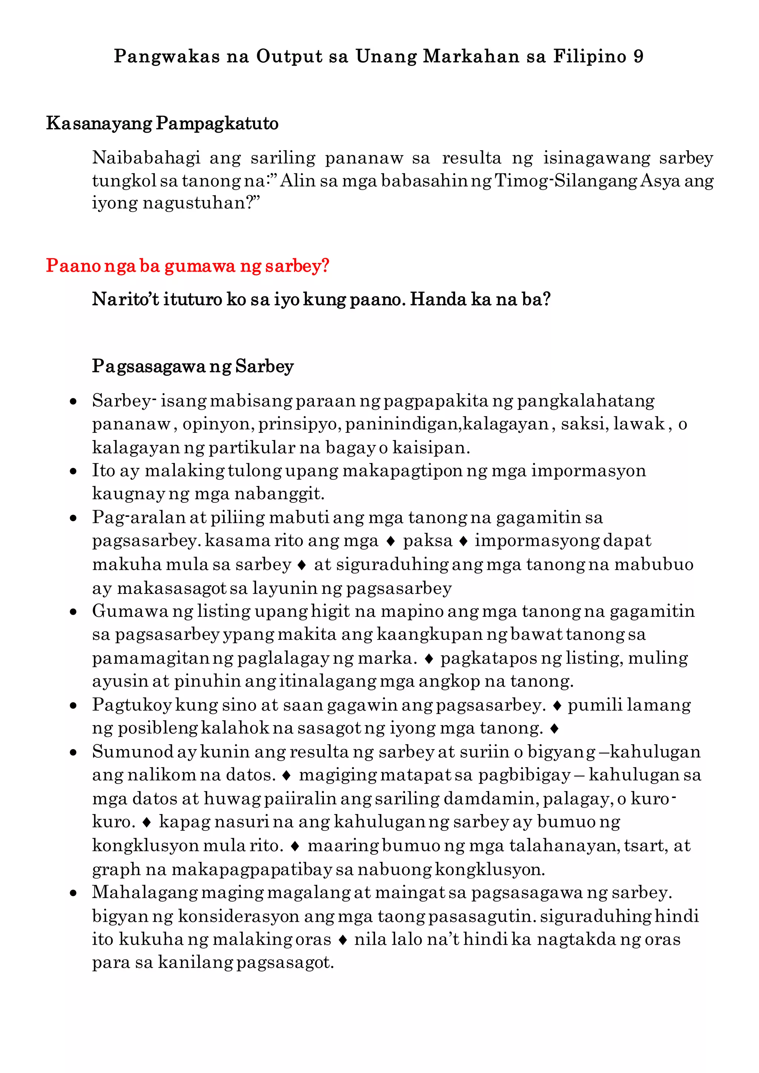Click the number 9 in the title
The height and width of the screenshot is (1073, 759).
(639, 57)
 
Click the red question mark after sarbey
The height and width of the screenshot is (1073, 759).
(325, 266)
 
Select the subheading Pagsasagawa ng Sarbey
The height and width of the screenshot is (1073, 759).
(193, 366)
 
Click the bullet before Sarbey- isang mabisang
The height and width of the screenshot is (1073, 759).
(73, 401)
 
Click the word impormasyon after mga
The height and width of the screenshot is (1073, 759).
(589, 471)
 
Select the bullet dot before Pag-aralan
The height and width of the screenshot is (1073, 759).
(73, 518)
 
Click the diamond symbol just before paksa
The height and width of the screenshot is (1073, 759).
(391, 542)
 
